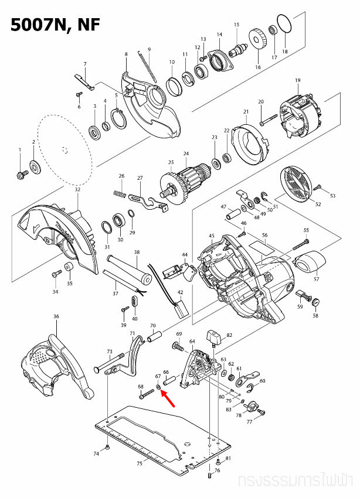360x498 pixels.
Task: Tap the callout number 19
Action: click(x=297, y=80)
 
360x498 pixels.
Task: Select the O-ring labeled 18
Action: click(x=284, y=26)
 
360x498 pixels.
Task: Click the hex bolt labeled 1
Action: click(x=21, y=173)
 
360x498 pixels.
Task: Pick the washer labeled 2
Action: click(x=34, y=169)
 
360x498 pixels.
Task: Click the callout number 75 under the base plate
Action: click(x=140, y=463)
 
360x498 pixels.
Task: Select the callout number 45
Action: click(x=211, y=236)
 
